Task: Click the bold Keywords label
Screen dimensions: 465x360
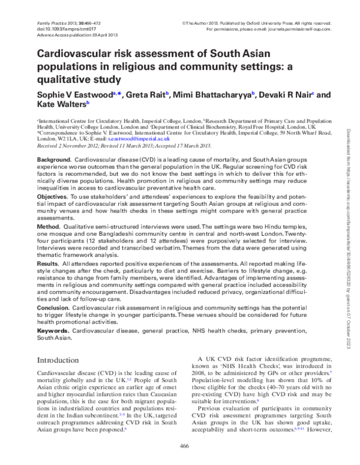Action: [53, 331]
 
